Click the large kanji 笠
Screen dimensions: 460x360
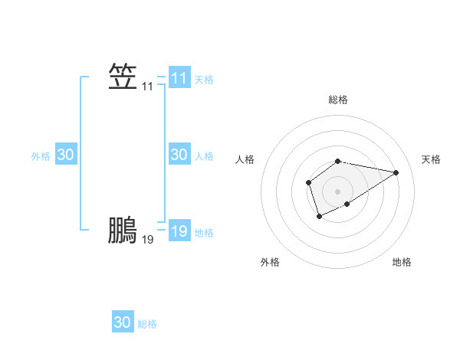tap(123, 77)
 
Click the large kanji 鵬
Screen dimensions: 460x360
tap(123, 230)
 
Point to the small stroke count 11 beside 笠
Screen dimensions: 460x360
tap(147, 87)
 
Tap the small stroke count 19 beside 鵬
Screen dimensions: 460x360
tap(147, 240)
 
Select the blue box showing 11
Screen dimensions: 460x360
tap(179, 78)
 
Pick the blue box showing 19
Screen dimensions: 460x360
tap(179, 231)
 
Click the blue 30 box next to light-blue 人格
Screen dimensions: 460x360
tap(179, 155)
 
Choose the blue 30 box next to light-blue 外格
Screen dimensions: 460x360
tap(66, 155)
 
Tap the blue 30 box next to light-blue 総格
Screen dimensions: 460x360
tap(123, 322)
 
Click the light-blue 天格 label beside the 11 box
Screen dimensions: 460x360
tap(204, 80)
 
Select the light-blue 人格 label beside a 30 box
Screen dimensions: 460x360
tap(204, 156)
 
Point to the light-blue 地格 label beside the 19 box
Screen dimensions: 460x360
tap(204, 233)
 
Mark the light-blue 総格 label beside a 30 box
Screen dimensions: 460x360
tap(147, 324)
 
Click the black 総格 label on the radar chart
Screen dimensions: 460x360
tap(338, 100)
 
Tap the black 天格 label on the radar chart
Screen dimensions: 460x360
tap(431, 159)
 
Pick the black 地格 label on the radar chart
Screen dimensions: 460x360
tap(402, 262)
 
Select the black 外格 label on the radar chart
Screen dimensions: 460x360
tap(270, 262)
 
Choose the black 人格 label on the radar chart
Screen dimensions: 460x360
tap(245, 159)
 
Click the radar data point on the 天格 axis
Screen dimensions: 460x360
tap(396, 172)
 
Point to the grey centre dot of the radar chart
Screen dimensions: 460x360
tap(338, 191)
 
